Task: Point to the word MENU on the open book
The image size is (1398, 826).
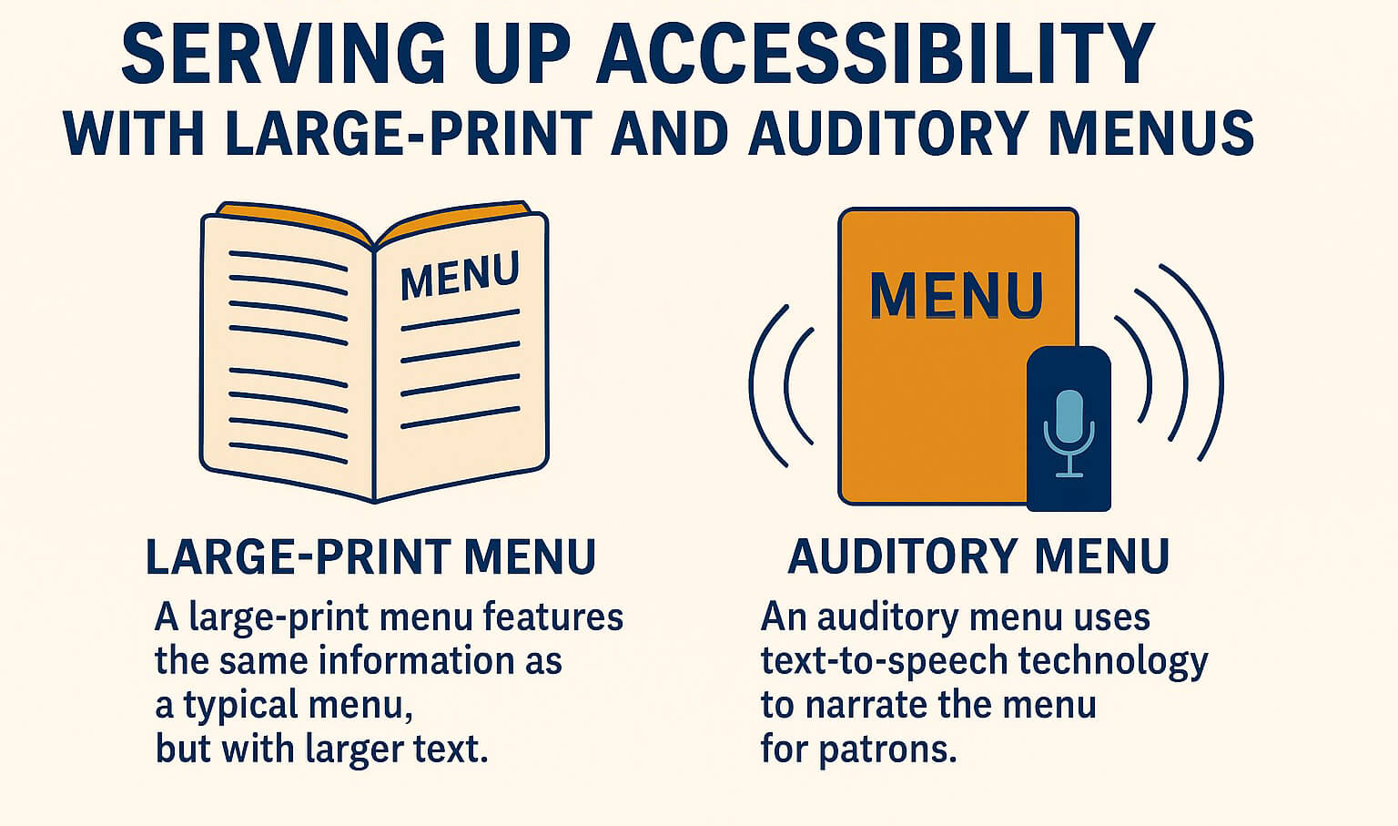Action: (x=460, y=276)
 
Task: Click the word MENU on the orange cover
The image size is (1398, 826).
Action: (x=957, y=295)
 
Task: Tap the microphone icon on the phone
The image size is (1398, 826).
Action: (x=1069, y=433)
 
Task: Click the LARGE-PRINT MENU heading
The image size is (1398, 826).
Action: (x=370, y=557)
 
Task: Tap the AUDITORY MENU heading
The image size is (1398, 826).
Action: (x=978, y=557)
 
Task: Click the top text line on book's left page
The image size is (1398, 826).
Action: (x=287, y=260)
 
